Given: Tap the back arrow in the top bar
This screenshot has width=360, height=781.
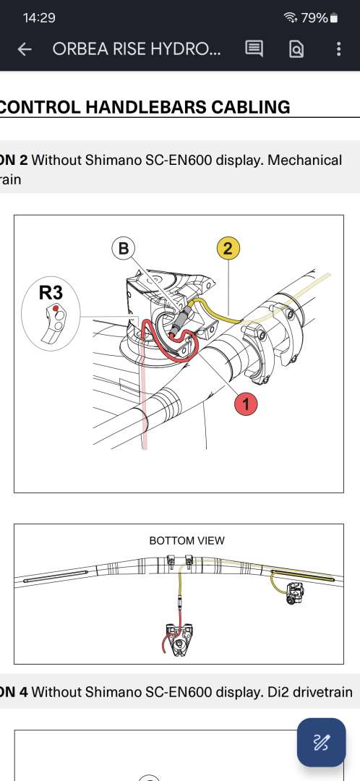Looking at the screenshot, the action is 25,49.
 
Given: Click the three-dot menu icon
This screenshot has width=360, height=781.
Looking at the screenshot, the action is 338,49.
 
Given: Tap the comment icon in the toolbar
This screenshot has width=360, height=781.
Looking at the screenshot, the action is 254,49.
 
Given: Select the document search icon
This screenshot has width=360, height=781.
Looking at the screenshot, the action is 296,49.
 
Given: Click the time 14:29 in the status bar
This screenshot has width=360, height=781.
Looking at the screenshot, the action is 39,18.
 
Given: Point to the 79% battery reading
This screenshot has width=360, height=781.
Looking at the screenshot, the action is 314,18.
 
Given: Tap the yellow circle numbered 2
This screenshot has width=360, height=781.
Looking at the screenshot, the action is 228,247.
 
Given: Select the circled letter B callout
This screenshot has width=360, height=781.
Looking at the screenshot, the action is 123,248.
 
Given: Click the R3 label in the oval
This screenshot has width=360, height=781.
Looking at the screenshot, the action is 51,293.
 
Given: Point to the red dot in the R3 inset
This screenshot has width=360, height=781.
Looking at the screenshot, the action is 56,309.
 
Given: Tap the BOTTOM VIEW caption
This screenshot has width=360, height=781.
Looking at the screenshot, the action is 187,540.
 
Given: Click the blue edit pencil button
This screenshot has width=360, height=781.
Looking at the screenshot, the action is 321,742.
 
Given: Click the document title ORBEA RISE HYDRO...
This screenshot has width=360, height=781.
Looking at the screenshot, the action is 137,49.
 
